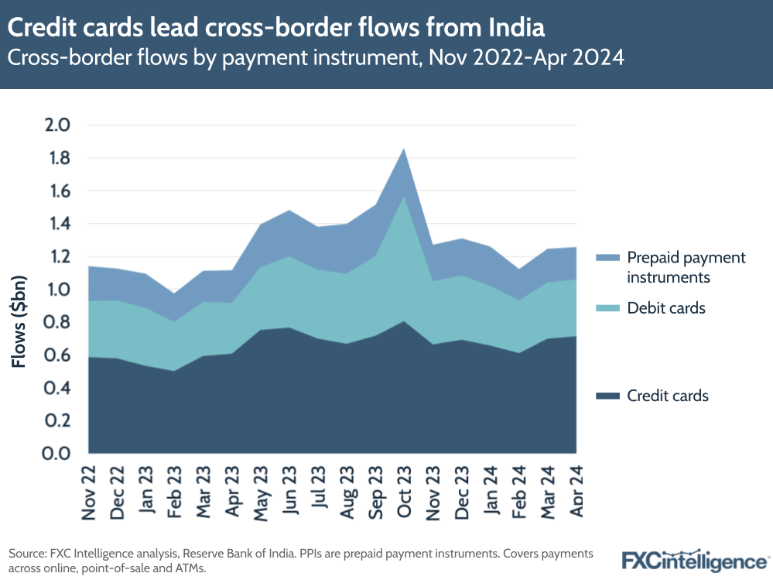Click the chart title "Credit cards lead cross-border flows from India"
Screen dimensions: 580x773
pyautogui.click(x=276, y=28)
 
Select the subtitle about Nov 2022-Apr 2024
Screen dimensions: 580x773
pyautogui.click(x=316, y=58)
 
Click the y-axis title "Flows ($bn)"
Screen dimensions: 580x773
pyautogui.click(x=19, y=321)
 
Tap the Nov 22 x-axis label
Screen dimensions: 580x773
pyautogui.click(x=89, y=492)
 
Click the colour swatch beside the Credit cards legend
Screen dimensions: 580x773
pyautogui.click(x=608, y=396)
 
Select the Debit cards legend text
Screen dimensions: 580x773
pyautogui.click(x=666, y=308)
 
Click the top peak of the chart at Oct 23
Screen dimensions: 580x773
pyautogui.click(x=403, y=149)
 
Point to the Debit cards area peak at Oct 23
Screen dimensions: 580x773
pyautogui.click(x=403, y=195)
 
